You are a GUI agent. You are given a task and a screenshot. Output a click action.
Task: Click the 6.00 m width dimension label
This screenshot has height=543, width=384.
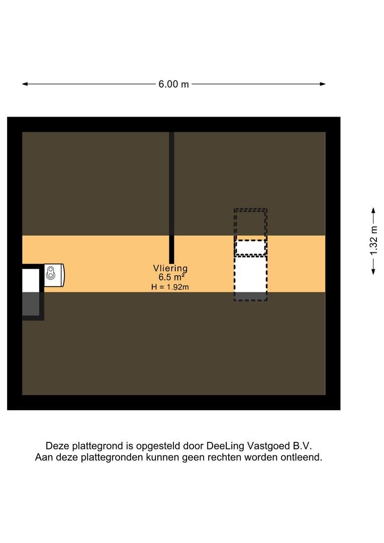pyautogui.click(x=173, y=84)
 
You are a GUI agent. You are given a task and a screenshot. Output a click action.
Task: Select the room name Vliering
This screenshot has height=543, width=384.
pyautogui.click(x=170, y=268)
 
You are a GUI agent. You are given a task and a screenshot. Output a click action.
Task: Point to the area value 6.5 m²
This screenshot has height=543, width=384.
pyautogui.click(x=170, y=278)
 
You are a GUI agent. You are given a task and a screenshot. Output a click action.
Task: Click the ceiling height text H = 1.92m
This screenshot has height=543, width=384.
pyautogui.click(x=170, y=287)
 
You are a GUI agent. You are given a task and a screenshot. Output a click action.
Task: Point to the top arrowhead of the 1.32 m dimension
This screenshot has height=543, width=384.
pyautogui.click(x=373, y=210)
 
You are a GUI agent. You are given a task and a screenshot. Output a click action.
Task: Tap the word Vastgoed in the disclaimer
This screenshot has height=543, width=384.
pyautogui.click(x=267, y=446)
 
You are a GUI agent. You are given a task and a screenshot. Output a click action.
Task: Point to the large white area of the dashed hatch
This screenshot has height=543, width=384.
pyautogui.click(x=250, y=274)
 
